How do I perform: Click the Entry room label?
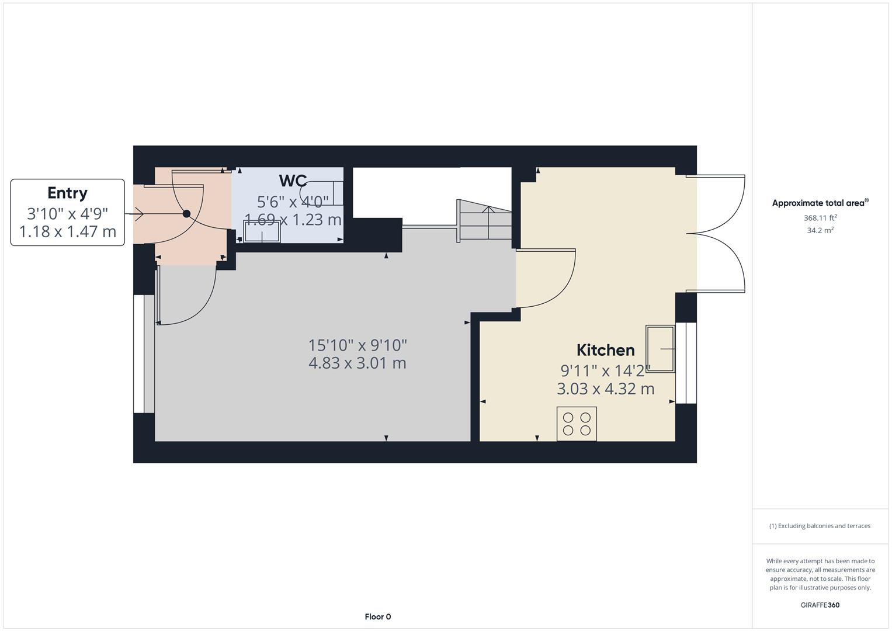[x=67, y=193]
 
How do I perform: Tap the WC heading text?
[x=293, y=181]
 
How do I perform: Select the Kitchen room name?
[x=605, y=350]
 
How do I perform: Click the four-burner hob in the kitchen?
[x=577, y=424]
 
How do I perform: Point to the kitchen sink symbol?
[x=660, y=349]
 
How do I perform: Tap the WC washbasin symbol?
[x=262, y=232]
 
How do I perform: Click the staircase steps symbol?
[x=484, y=220]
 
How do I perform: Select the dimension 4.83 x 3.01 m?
[x=357, y=363]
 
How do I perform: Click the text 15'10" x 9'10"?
[x=357, y=345]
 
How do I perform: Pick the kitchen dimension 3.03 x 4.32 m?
[x=605, y=389]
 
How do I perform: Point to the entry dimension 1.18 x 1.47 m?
[x=67, y=231]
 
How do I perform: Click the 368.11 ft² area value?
[x=820, y=218]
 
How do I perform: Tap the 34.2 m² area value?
[x=820, y=230]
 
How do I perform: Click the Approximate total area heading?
[x=820, y=203]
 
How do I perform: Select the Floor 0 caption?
[x=377, y=616]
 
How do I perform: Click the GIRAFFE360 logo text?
[x=820, y=605]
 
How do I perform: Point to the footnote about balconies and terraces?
[x=820, y=526]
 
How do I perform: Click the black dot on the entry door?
[x=186, y=214]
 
